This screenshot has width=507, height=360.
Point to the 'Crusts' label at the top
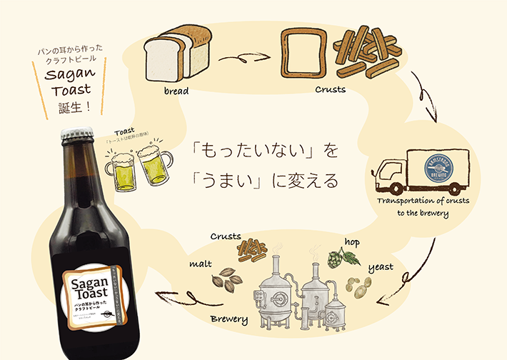coord(331,91)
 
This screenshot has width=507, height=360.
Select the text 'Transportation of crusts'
coord(423,201)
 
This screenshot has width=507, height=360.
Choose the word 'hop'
coord(352,242)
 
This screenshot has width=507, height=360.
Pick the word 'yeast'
coord(381,267)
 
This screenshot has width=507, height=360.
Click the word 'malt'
coord(200,264)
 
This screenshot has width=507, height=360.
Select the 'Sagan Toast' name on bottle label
coord(89,287)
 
